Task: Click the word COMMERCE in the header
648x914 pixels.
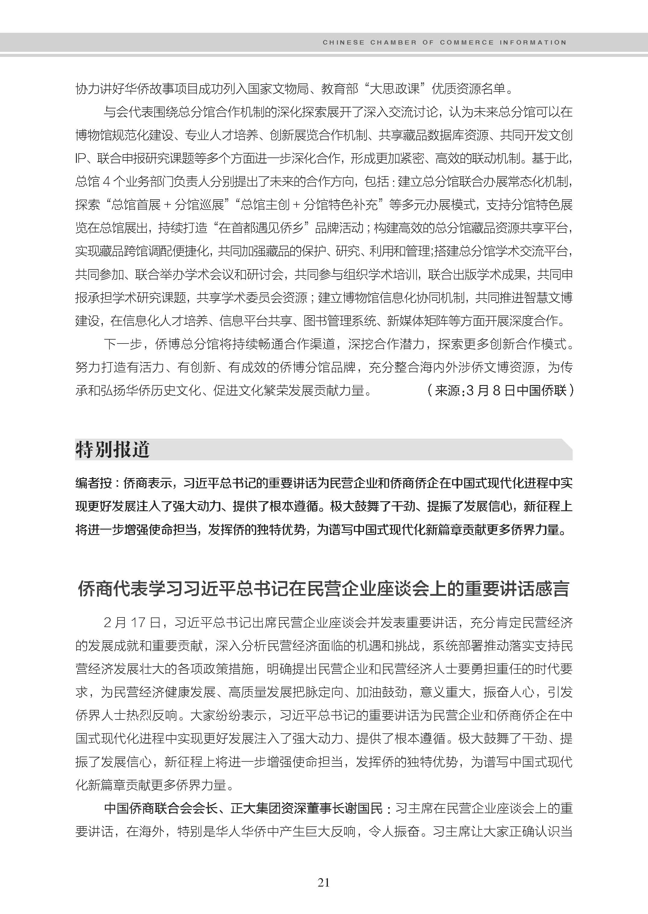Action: point(467,42)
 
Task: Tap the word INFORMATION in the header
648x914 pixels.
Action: point(533,42)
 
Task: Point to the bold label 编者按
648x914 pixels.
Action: point(94,483)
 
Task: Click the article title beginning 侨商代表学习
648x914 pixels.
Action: point(324,589)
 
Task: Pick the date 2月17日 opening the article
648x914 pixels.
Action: point(132,623)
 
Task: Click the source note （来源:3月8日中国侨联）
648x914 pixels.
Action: point(500,390)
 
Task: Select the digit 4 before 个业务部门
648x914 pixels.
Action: point(106,182)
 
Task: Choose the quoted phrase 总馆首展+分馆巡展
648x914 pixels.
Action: point(168,205)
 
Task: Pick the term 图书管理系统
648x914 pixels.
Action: point(340,321)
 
